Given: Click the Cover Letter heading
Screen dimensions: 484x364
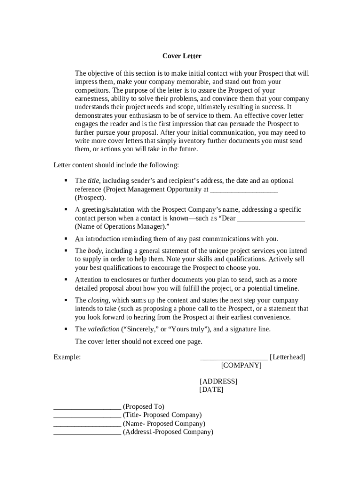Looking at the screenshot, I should point(182,56).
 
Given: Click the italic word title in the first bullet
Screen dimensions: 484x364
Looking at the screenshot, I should point(93,181).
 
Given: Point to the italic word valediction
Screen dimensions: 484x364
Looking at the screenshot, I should point(104,329).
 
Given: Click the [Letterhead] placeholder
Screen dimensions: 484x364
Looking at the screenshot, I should point(287,357).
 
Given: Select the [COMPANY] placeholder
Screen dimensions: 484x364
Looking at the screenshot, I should point(241,365).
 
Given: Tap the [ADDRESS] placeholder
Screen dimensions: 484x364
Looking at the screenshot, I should point(218,381).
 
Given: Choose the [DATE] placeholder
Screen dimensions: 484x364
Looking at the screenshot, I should point(211,390).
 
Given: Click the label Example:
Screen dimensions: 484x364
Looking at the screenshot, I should point(67,357).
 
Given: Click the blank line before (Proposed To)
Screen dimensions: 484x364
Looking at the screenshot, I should point(87,407).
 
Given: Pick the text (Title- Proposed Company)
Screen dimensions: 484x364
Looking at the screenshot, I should point(162,415).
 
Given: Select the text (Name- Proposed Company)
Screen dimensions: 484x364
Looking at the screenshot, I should point(164,423).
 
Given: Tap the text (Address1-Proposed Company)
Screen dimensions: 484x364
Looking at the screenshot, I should point(168,432).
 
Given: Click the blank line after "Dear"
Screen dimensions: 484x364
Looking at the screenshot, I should point(271,219).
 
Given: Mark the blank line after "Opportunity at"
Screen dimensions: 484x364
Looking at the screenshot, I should point(243,190).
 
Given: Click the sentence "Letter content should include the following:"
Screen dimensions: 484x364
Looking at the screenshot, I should point(116,165).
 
